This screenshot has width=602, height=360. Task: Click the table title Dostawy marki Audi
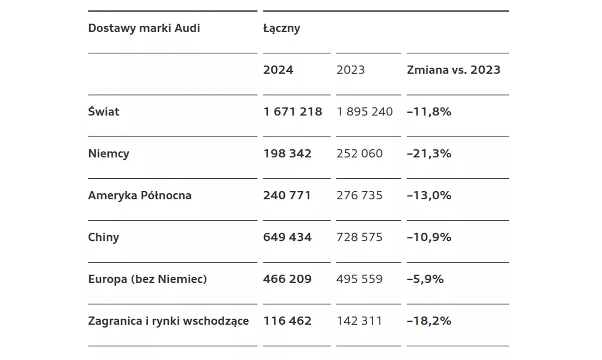(x=144, y=28)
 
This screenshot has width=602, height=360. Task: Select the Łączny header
(x=282, y=28)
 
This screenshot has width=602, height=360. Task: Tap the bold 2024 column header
(x=278, y=70)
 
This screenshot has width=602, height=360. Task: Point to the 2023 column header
(x=351, y=70)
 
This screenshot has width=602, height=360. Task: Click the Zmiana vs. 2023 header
(x=453, y=70)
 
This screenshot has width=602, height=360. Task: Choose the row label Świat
(x=104, y=112)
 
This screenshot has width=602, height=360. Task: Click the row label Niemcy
(x=108, y=154)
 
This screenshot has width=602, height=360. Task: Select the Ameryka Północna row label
(x=140, y=196)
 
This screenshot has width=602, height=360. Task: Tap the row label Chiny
(x=104, y=237)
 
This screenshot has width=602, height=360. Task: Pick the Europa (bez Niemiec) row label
(x=147, y=279)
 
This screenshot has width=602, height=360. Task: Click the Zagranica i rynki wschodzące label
(x=169, y=321)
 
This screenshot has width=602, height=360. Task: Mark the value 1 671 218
(x=293, y=112)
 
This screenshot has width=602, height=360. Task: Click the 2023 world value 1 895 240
(x=365, y=112)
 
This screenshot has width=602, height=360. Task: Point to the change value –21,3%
(x=429, y=154)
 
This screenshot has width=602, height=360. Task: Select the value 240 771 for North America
(x=287, y=196)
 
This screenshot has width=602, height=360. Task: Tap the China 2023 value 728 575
(x=360, y=237)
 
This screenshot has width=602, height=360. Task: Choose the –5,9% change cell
(x=425, y=279)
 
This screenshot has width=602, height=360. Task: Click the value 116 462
(x=287, y=321)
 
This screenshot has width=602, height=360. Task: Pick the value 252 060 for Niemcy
(x=360, y=154)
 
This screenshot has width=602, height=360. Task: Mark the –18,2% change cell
(x=429, y=321)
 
